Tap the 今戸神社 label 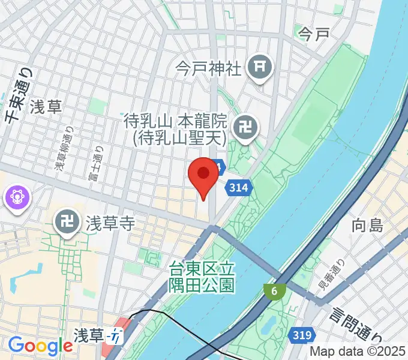tap(208, 68)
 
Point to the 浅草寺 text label tap(109, 224)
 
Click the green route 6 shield tap(274, 291)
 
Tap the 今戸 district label tap(314, 34)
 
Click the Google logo tap(40, 346)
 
